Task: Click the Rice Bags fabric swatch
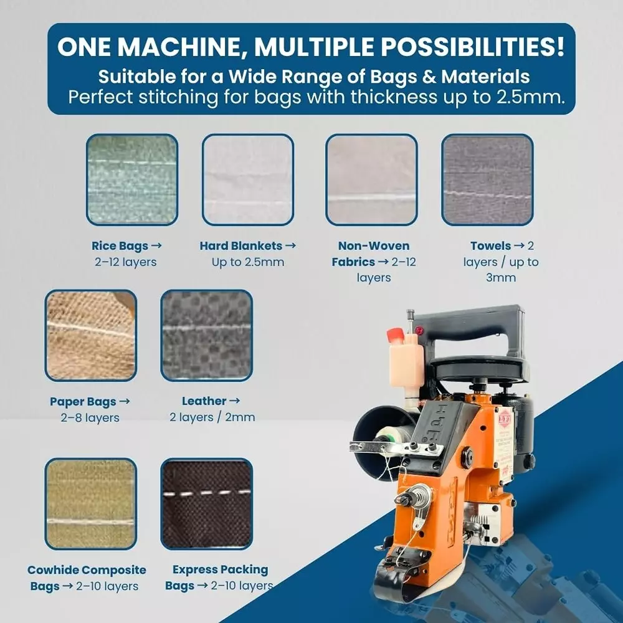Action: [132, 179]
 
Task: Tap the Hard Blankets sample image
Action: [248, 179]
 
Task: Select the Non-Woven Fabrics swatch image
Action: [371, 179]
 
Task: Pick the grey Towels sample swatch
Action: [487, 179]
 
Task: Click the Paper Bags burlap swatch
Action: [90, 335]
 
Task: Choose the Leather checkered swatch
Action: [206, 335]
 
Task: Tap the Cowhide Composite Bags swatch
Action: [90, 503]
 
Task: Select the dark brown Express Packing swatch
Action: [206, 503]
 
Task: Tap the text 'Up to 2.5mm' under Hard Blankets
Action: [247, 262]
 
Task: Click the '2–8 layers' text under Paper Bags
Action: [90, 418]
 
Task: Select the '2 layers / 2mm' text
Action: [212, 417]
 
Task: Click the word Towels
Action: [491, 246]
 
